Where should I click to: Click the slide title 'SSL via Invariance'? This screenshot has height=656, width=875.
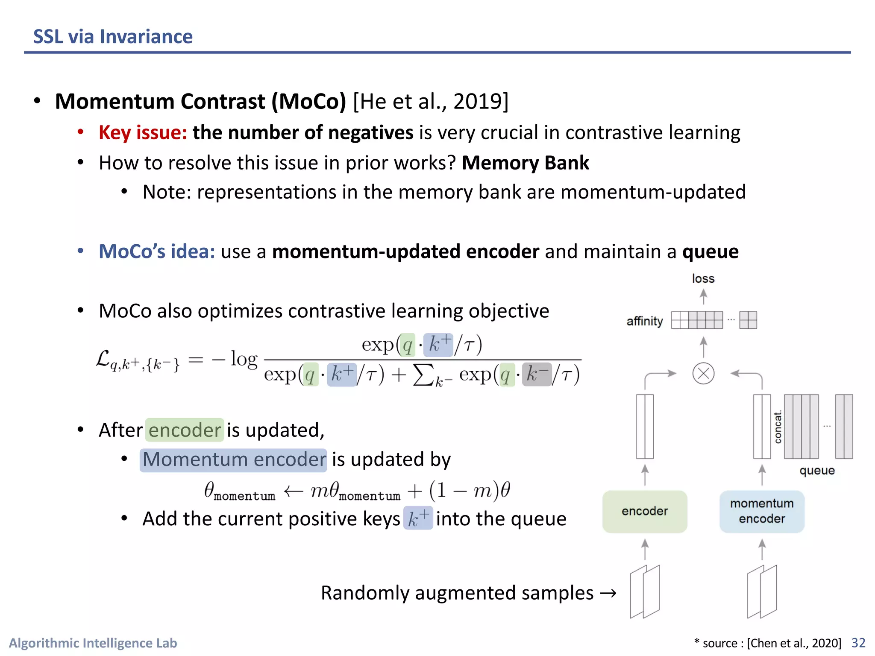click(x=113, y=37)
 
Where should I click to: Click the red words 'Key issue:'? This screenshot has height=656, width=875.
click(x=143, y=132)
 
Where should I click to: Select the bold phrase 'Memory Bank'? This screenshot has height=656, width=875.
click(x=525, y=163)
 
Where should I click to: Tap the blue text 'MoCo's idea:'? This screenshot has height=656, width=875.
click(x=157, y=251)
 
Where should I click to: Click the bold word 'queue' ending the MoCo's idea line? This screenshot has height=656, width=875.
click(x=710, y=251)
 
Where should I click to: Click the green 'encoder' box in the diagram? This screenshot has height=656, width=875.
click(x=644, y=511)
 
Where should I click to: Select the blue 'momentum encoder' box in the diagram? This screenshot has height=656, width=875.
click(x=762, y=511)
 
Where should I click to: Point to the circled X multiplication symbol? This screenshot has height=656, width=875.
click(x=703, y=373)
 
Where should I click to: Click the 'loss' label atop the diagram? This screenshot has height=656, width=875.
click(x=703, y=279)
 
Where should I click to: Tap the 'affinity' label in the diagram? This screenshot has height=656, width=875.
click(x=644, y=321)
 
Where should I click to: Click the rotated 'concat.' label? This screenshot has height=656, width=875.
click(x=778, y=427)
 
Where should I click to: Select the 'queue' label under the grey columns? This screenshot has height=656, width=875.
click(x=817, y=471)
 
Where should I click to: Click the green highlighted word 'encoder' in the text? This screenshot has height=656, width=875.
click(x=185, y=430)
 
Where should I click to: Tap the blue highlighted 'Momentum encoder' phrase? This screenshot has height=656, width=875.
click(x=233, y=460)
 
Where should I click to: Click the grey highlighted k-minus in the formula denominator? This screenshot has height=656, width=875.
click(x=537, y=375)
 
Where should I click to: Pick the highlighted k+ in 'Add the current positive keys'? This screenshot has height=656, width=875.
click(x=418, y=518)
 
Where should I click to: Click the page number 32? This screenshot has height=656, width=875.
click(x=858, y=643)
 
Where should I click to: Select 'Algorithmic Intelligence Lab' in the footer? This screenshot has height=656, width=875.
click(x=93, y=643)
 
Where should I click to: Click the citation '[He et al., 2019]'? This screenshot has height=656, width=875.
click(x=431, y=102)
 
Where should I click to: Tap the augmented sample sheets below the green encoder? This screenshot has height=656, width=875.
click(x=645, y=592)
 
